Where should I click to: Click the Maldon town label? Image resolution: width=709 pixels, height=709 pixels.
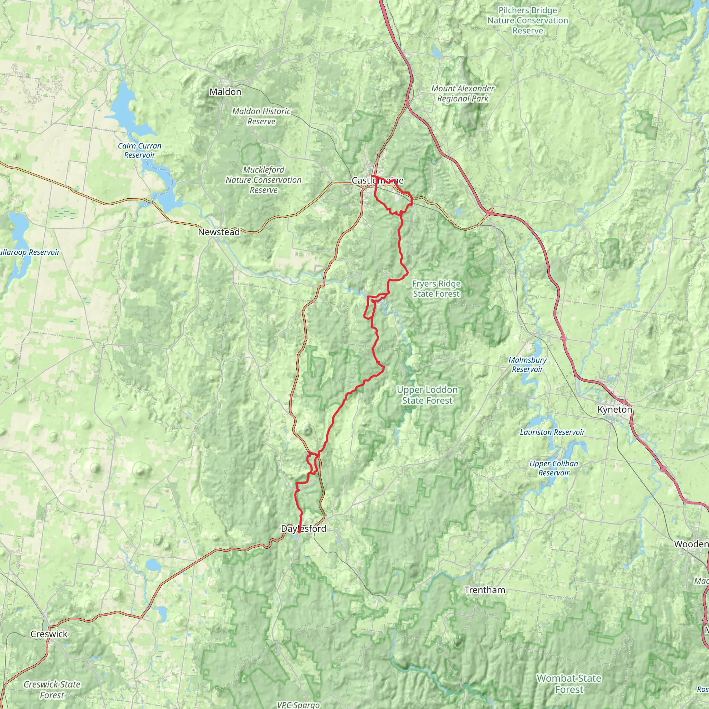[x=225, y=92]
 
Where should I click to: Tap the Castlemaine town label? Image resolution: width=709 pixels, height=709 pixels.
[x=377, y=181]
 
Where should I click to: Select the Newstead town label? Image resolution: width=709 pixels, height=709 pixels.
[x=219, y=232]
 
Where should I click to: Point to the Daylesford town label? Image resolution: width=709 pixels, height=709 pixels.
[x=303, y=528]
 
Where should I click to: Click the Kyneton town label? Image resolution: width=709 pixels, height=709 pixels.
[x=615, y=410]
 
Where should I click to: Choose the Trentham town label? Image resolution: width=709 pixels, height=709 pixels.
[x=484, y=590]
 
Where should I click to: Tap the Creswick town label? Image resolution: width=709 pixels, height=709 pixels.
[x=49, y=634]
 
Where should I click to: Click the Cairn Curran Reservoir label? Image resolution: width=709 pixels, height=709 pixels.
[x=140, y=151]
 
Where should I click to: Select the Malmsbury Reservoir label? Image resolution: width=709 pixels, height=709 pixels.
[x=527, y=365]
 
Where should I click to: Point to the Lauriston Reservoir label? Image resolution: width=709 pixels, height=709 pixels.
[x=552, y=432]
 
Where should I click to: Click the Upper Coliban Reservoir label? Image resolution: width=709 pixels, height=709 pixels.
[x=554, y=468]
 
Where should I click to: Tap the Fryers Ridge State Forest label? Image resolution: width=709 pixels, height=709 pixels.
[x=436, y=288]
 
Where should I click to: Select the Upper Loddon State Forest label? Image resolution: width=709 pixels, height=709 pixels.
[x=427, y=395]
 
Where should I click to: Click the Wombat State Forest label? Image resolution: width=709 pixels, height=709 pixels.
[x=569, y=673]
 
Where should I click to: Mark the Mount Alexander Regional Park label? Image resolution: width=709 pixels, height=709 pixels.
[x=463, y=93]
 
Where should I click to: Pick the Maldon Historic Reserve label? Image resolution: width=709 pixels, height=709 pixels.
[x=261, y=116]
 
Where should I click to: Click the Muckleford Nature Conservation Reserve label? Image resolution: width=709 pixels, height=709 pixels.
[x=263, y=180]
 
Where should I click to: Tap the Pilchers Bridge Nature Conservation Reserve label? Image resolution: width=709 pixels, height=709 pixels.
[x=527, y=20]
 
